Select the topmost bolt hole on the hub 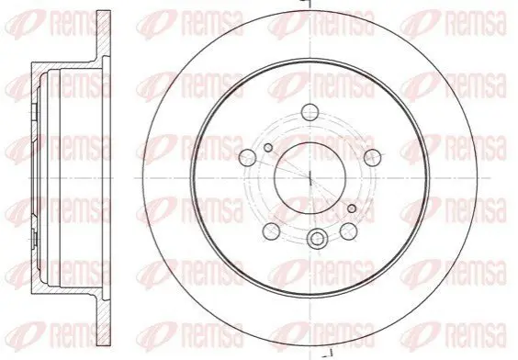tap(310, 111)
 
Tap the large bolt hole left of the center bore tap(247, 158)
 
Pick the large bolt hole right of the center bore tap(372, 157)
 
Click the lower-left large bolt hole tap(271, 231)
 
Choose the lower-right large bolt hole tap(349, 231)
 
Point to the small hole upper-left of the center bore tap(268, 148)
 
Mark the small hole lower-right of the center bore tap(352, 208)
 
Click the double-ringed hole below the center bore tap(317, 239)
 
